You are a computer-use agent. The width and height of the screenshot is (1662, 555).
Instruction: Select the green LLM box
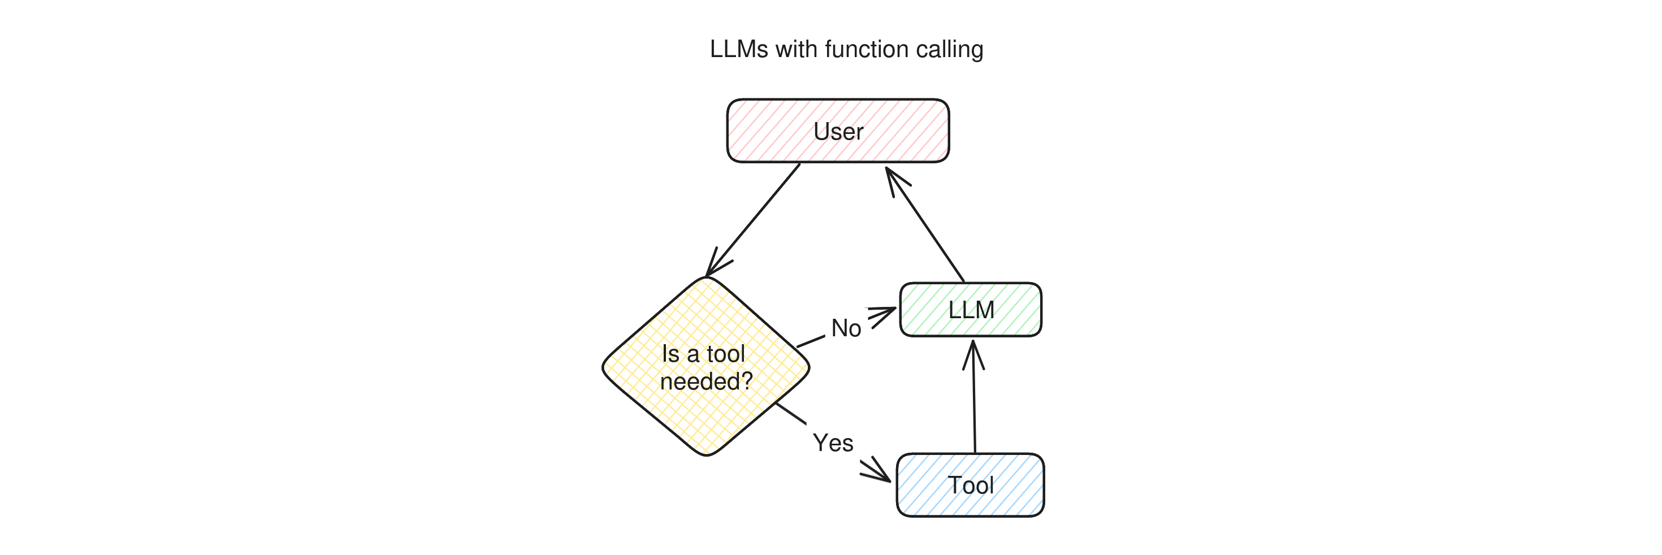tap(971, 310)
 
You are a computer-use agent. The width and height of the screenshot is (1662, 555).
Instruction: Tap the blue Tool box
tap(971, 485)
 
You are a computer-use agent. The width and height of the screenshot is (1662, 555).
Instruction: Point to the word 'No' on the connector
tap(846, 328)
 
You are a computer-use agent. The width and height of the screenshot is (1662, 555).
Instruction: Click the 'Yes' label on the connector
tap(833, 443)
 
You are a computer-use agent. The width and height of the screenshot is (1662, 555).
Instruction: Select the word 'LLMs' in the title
tap(739, 50)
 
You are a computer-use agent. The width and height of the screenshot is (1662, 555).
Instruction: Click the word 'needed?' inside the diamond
tap(706, 381)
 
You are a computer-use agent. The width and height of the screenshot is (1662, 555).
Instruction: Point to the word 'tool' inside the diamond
tap(726, 354)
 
